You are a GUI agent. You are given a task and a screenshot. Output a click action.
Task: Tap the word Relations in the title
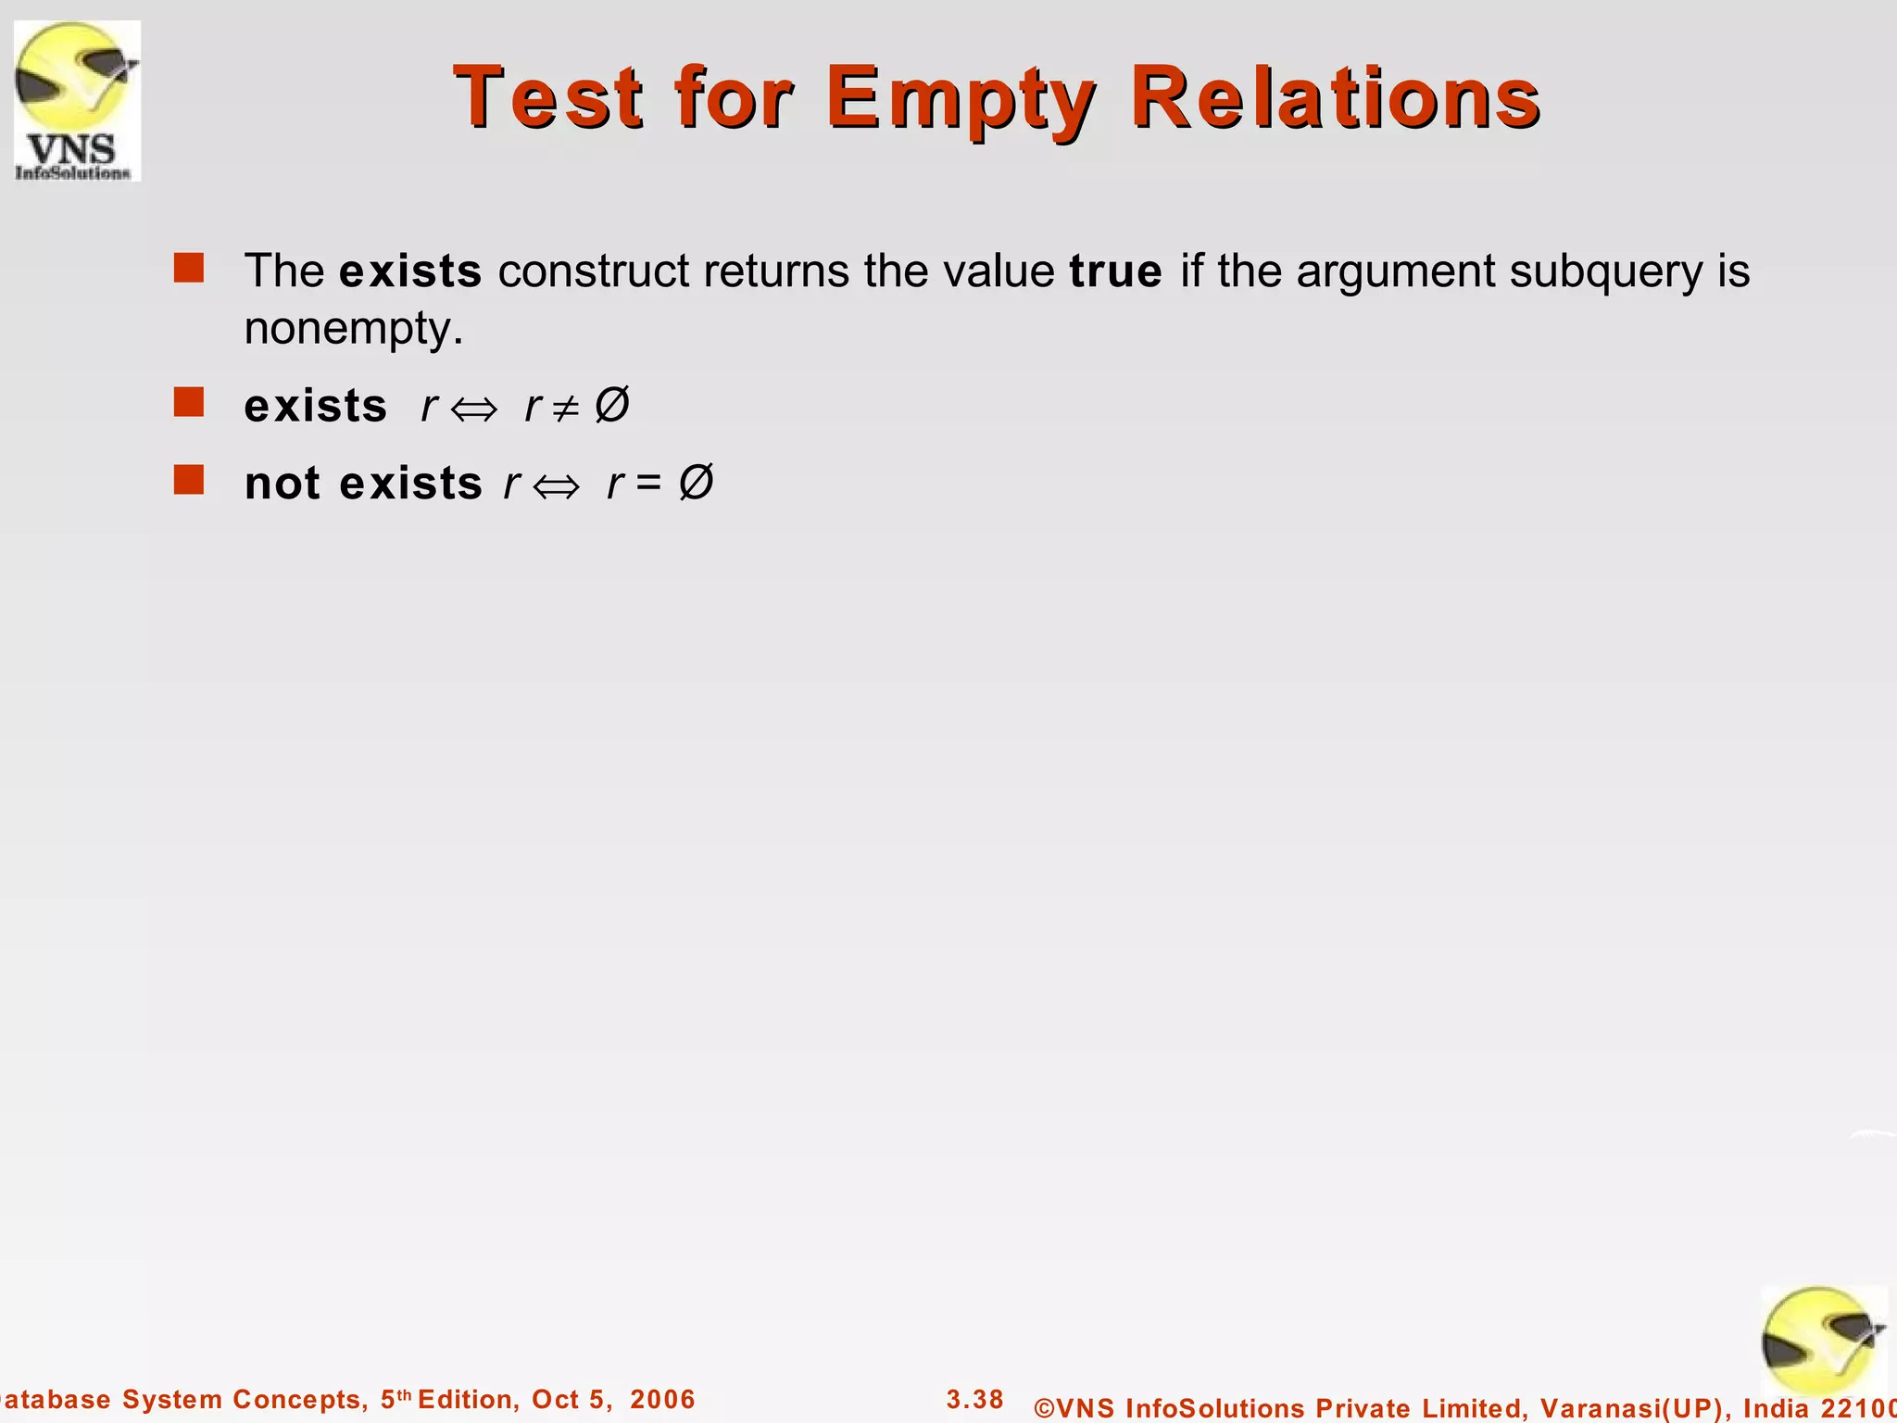(1335, 98)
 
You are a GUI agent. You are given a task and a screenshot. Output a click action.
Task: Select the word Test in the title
(547, 98)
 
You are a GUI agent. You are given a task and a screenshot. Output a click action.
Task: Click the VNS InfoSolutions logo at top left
(77, 100)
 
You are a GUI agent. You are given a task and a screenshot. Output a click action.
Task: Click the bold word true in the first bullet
(1115, 271)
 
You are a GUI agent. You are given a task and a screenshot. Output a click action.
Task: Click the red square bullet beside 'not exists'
(189, 480)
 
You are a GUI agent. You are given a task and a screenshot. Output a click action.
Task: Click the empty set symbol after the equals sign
(696, 483)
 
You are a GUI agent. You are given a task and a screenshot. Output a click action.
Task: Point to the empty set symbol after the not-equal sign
(611, 405)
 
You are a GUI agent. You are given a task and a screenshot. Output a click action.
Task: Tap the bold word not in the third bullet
(282, 484)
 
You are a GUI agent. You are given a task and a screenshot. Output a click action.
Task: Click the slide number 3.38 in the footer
(974, 1399)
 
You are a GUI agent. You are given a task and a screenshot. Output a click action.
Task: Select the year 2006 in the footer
(662, 1399)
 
